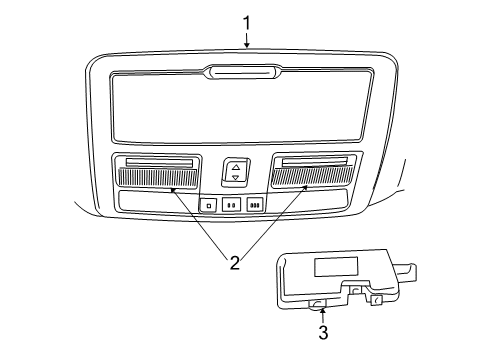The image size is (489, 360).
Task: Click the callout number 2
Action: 234,263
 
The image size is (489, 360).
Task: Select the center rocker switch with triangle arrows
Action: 236,171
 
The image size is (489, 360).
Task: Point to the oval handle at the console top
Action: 243,71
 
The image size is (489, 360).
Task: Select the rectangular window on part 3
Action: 333,267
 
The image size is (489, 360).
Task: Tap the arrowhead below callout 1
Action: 247,45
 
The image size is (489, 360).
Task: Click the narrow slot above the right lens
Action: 313,162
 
